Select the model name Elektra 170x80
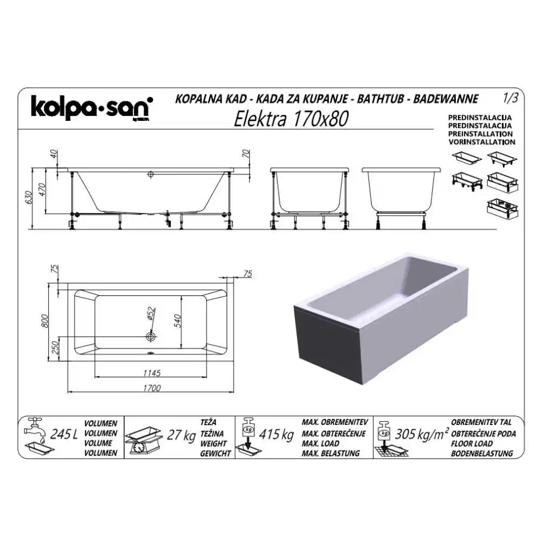pyautogui.click(x=291, y=119)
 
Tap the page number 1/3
pyautogui.click(x=511, y=98)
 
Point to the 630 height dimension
pyautogui.click(x=29, y=197)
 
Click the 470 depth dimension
pyautogui.click(x=42, y=189)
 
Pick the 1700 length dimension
pyautogui.click(x=152, y=388)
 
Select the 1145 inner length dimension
pyautogui.click(x=152, y=373)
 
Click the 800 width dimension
pyautogui.click(x=45, y=321)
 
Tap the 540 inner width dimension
pyautogui.click(x=177, y=321)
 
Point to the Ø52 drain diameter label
pyautogui.click(x=151, y=314)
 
